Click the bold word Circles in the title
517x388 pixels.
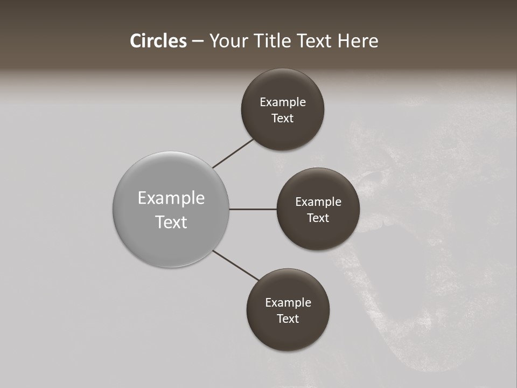158,41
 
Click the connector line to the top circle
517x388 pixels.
233,153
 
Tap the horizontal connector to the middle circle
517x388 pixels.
253,209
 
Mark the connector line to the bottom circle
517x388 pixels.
235,265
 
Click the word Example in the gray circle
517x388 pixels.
171,198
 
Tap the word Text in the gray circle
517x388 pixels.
171,222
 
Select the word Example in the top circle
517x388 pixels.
283,102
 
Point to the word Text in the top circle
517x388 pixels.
283,119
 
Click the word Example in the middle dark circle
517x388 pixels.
318,202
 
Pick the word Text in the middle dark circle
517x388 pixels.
318,218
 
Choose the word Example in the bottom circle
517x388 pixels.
288,303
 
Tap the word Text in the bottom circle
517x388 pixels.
288,319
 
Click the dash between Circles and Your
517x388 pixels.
198,41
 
